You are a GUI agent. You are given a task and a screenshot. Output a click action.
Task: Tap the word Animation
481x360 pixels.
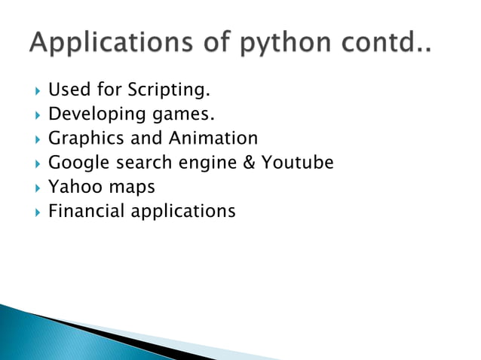pos(213,139)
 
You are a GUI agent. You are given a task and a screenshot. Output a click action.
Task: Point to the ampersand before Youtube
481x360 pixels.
pos(250,163)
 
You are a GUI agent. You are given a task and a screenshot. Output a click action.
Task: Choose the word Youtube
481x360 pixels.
pos(297,163)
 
